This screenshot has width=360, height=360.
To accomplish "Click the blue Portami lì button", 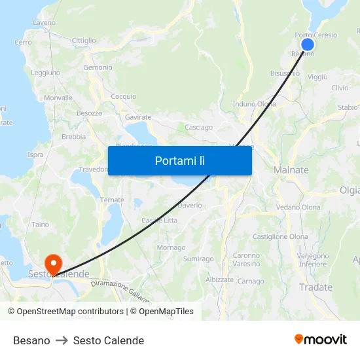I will [179, 160].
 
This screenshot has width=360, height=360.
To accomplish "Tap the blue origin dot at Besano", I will [307, 45].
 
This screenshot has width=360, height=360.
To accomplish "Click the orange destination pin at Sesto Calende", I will [52, 262].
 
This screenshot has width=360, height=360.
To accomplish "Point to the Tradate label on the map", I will [315, 287].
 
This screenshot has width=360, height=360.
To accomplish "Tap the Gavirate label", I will [138, 117].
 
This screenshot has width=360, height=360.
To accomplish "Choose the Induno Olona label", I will [254, 103].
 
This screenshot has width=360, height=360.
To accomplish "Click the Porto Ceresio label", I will [316, 35].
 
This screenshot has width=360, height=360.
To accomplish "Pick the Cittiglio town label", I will [84, 41].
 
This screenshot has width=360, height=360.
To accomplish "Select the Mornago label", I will [171, 248].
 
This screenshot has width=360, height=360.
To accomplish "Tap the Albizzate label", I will [219, 279].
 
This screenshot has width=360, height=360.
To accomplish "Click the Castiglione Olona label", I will [280, 236].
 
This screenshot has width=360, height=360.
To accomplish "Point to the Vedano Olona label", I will [298, 207].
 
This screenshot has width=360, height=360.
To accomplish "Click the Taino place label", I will [41, 225].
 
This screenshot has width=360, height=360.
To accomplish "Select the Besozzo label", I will [89, 113].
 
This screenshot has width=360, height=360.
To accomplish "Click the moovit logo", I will [321, 339].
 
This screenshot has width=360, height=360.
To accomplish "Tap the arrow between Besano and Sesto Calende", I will [62, 340].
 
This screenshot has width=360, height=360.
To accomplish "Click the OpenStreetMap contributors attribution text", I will [66, 312].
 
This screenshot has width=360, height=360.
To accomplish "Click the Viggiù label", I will [317, 77].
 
